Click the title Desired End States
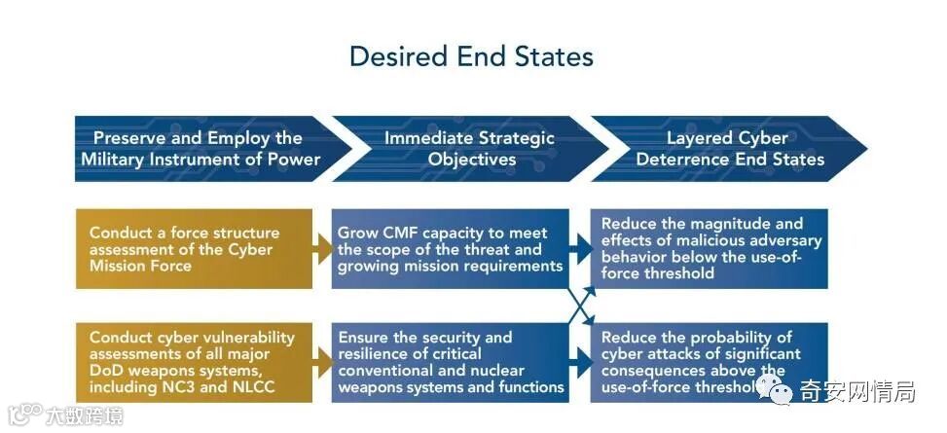point(471,55)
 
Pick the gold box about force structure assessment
point(194,249)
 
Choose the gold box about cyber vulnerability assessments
point(194,362)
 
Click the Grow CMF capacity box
point(450,249)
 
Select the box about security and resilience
point(450,362)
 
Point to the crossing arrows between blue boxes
point(580,306)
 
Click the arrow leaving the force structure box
point(322,249)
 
